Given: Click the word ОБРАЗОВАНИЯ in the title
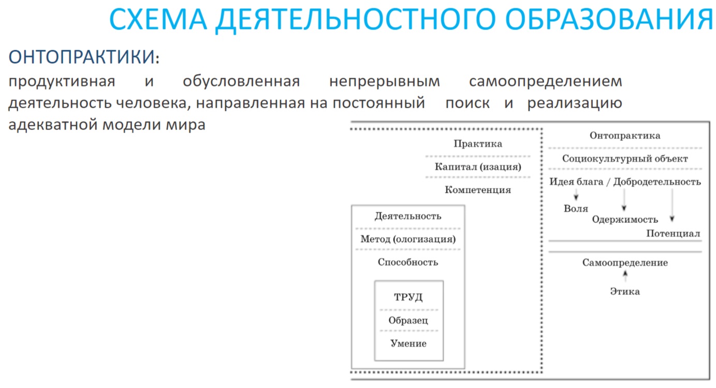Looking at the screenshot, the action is pos(609,19).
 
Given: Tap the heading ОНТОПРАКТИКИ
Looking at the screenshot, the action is pos(84,57).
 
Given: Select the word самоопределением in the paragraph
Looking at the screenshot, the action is pos(546,82).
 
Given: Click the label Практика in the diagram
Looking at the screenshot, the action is pos(478,143).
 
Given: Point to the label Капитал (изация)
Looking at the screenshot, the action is pos(478,167).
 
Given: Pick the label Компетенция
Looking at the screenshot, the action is pos(478,190).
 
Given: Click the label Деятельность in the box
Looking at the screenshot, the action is pos(408,216).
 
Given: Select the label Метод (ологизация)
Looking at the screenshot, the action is pos(408,239).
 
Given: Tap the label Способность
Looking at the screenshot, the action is pos(408,262).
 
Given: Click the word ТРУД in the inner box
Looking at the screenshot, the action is pos(408,297).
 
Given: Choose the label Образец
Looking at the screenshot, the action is pos(408,320).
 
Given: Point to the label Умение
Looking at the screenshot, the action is pos(408,343).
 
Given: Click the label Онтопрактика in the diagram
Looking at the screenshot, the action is pos(625,136).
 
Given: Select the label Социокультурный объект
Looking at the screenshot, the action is pos(625,159).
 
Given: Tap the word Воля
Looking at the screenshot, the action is pos(576,209).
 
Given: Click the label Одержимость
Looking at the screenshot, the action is pos(625,220).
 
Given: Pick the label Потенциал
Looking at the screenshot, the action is pos(673,234).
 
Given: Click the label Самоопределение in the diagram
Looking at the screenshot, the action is pos(625,263).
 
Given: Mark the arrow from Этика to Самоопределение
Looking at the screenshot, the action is pos(625,276).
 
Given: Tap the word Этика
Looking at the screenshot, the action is pos(625,292).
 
